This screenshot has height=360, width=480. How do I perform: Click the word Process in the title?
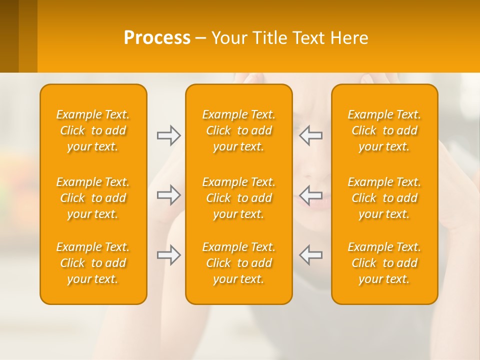(x=157, y=38)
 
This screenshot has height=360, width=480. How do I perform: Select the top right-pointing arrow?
(x=168, y=135)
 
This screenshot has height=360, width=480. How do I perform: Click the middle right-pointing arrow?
(x=168, y=195)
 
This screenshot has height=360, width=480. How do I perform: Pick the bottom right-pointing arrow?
(x=168, y=255)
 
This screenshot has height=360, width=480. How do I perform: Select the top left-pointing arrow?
(x=311, y=135)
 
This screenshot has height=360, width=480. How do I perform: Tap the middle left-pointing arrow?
(x=311, y=195)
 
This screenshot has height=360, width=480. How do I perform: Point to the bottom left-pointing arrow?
(x=311, y=255)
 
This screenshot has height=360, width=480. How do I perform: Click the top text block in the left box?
(x=93, y=130)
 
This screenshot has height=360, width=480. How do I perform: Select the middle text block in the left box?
(x=93, y=198)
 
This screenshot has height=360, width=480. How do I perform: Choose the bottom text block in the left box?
(x=93, y=263)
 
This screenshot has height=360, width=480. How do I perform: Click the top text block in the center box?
(x=238, y=130)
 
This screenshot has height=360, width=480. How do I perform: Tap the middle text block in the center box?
(x=238, y=198)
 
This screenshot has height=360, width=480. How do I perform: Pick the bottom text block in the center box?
(x=238, y=263)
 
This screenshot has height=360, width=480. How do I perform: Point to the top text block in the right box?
(x=384, y=130)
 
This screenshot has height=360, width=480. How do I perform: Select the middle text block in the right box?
(x=384, y=198)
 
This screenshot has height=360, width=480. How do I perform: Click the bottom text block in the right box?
(x=384, y=263)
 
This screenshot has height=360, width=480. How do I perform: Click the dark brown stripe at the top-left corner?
(x=9, y=35)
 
